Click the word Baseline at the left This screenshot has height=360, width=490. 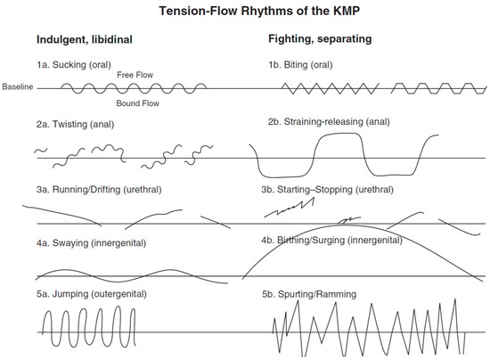click(x=17, y=86)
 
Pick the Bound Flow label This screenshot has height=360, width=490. click(x=137, y=103)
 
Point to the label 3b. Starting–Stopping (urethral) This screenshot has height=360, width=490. click(x=328, y=190)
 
